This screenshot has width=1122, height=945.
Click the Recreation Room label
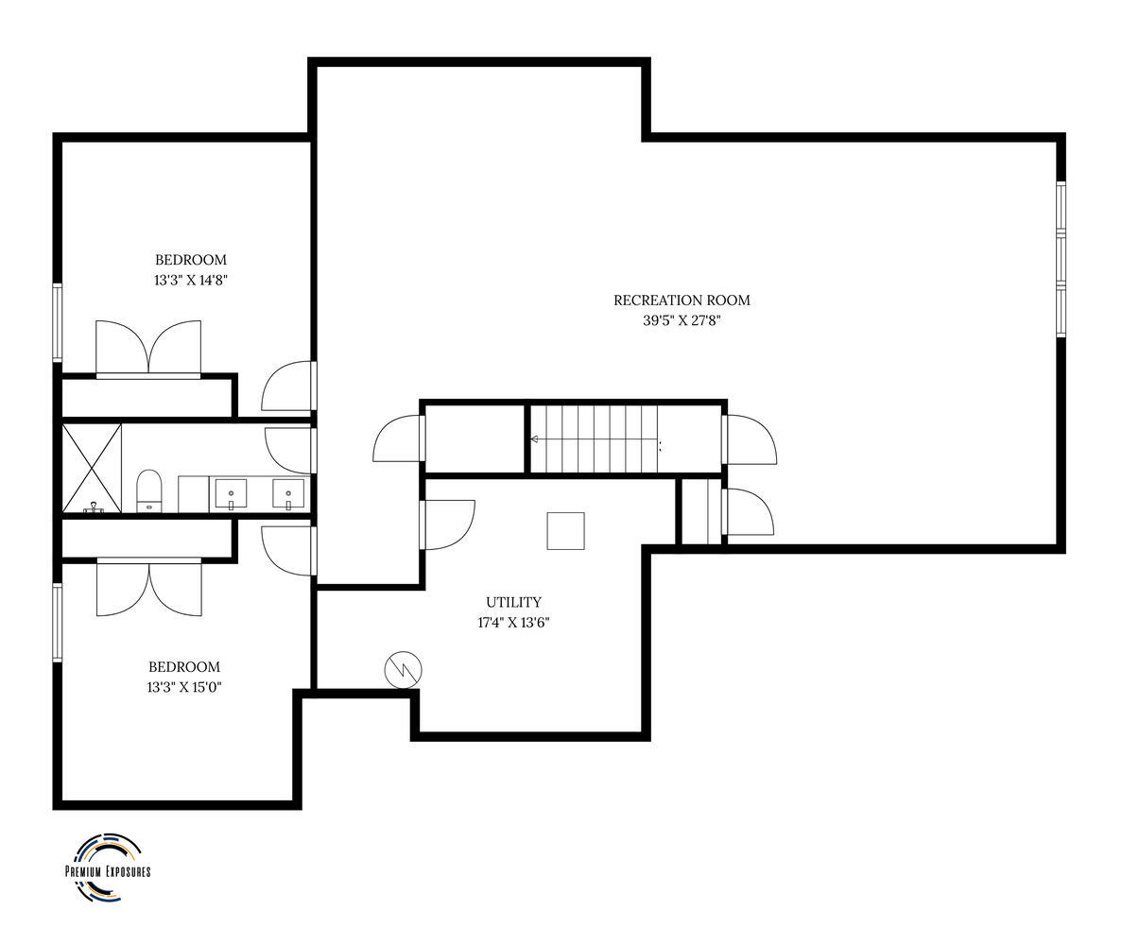point(682,301)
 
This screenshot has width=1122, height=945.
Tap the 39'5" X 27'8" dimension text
point(682,320)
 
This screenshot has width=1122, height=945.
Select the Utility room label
point(514,602)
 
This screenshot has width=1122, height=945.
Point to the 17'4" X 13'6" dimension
point(514,623)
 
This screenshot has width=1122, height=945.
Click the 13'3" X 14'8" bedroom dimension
point(190,281)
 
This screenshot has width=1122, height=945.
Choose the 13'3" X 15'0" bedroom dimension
point(184,687)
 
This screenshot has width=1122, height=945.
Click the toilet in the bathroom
point(148,490)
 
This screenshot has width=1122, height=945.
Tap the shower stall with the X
point(92,469)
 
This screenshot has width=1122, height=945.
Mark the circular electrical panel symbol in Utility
point(403,670)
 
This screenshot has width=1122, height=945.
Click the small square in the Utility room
point(566,531)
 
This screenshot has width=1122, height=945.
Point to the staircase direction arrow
point(594,439)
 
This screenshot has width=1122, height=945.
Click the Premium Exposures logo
point(108,868)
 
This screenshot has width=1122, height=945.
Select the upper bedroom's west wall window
point(58,322)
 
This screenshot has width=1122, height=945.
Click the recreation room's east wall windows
point(1062,258)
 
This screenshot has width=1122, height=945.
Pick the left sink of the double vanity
point(231,493)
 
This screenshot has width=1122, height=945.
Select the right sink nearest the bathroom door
point(288,493)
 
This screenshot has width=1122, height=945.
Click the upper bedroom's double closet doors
point(148,349)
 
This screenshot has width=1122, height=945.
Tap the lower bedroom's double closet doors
point(148,587)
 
